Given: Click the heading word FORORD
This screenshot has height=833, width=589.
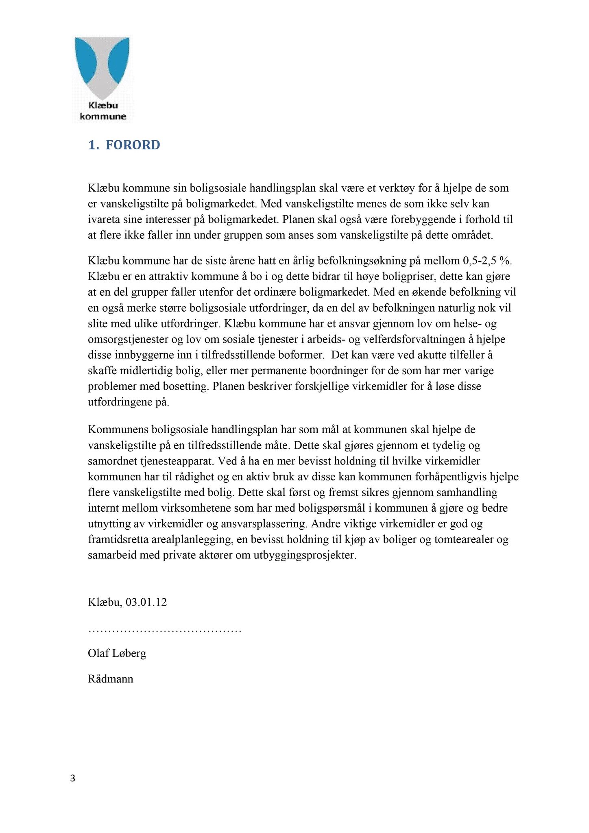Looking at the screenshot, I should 133,145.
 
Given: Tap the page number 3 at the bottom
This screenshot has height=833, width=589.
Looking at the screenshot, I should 73,778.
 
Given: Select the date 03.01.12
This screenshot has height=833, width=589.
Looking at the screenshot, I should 146,602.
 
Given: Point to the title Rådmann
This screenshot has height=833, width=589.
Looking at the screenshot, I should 111,679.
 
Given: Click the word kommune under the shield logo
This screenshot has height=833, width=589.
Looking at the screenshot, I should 103,117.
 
